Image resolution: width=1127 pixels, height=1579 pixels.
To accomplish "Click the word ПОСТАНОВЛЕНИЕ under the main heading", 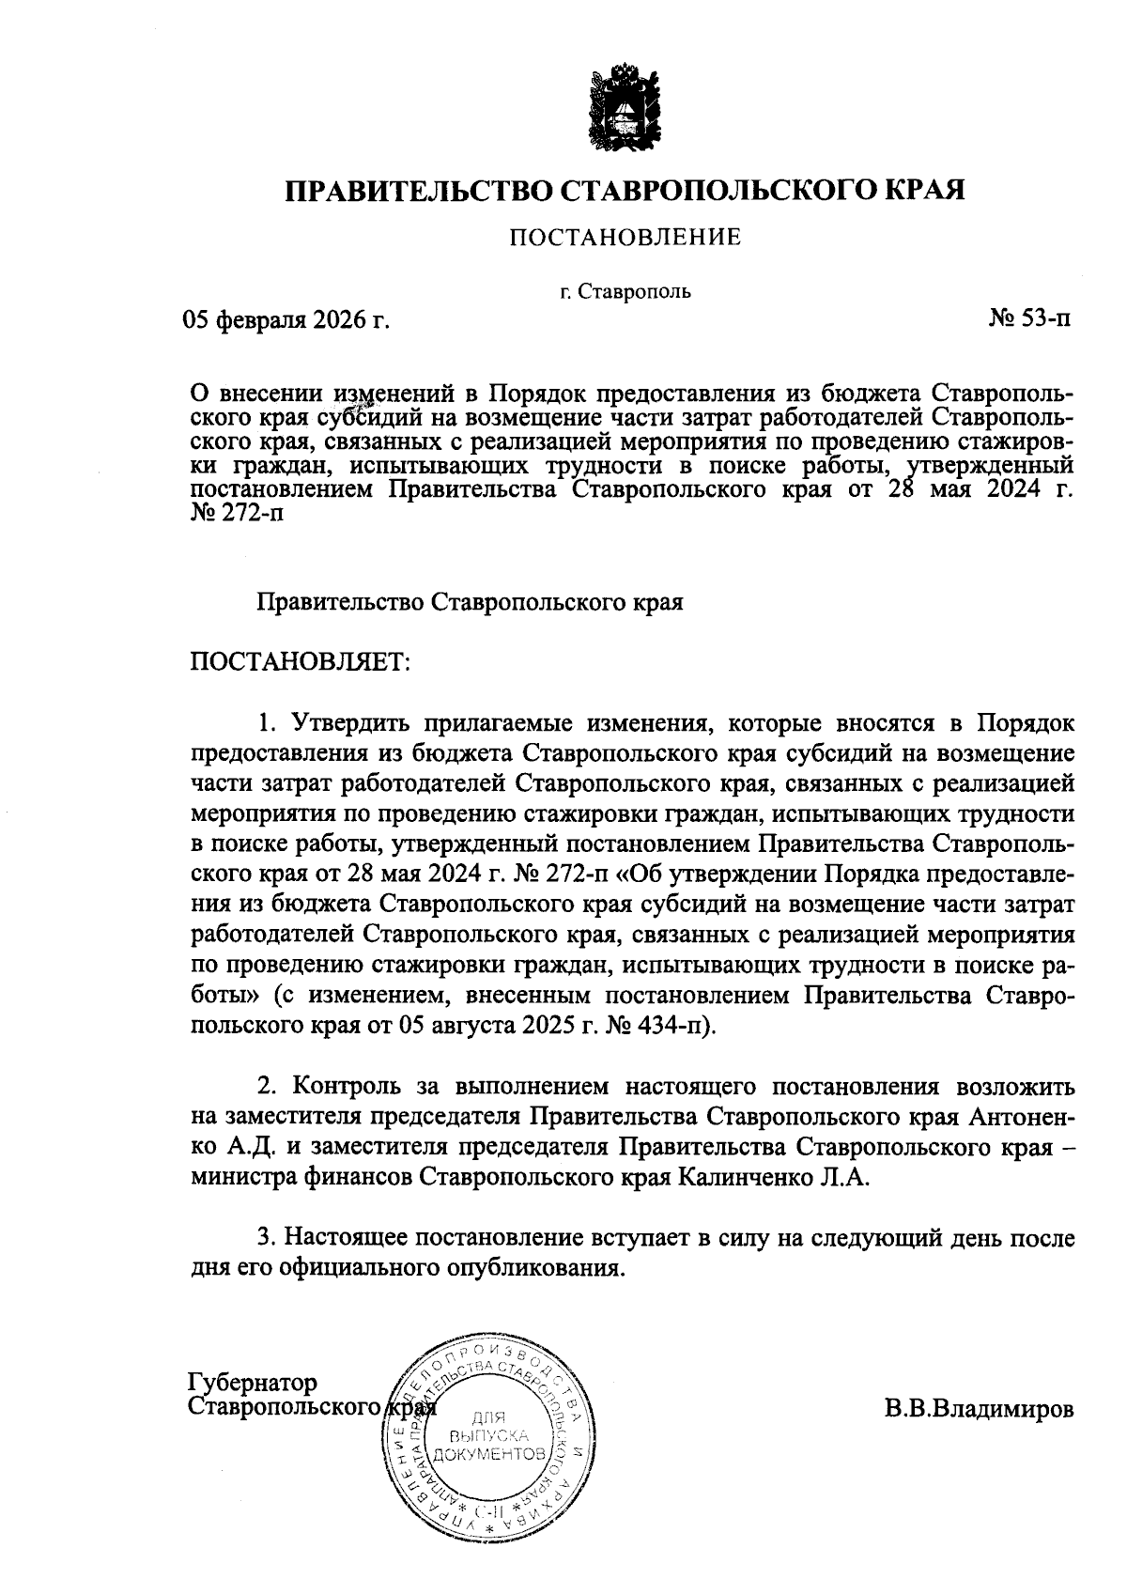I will (625, 238).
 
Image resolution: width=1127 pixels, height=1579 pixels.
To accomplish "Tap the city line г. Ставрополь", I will (625, 291).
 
